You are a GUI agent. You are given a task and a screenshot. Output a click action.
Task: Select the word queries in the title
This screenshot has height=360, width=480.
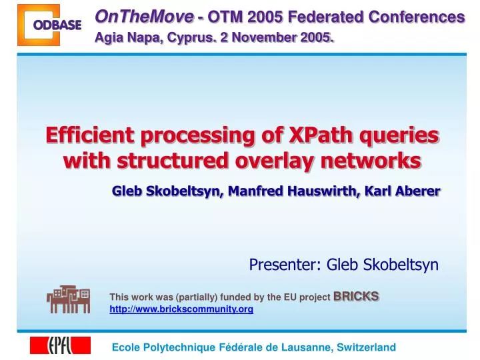click(401, 135)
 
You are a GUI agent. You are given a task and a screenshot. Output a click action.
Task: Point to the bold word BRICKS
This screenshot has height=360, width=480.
click(356, 295)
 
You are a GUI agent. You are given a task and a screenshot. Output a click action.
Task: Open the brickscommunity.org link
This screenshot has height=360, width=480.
click(181, 309)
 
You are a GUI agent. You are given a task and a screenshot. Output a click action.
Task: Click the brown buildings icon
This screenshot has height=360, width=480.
click(68, 299)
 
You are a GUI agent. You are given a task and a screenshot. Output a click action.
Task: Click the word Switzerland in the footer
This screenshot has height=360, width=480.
click(367, 347)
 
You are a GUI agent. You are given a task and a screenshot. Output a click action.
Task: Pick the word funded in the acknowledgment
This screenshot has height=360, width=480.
click(231, 297)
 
